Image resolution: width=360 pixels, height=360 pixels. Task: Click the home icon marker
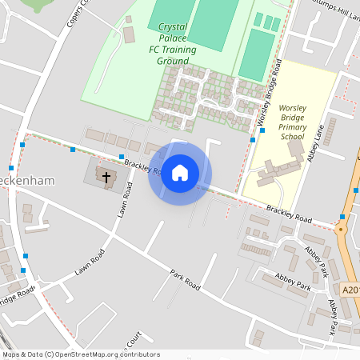point(180,173)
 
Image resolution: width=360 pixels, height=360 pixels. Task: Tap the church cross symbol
point(105,174)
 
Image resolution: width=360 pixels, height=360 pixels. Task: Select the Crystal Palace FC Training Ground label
point(173,43)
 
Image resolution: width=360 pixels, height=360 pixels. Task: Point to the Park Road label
point(184,279)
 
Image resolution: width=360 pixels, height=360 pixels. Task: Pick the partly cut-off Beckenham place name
point(27,181)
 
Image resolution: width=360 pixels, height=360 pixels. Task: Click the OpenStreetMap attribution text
point(80,354)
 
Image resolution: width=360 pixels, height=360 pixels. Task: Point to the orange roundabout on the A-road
point(342,229)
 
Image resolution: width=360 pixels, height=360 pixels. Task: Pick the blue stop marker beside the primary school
point(262,130)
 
